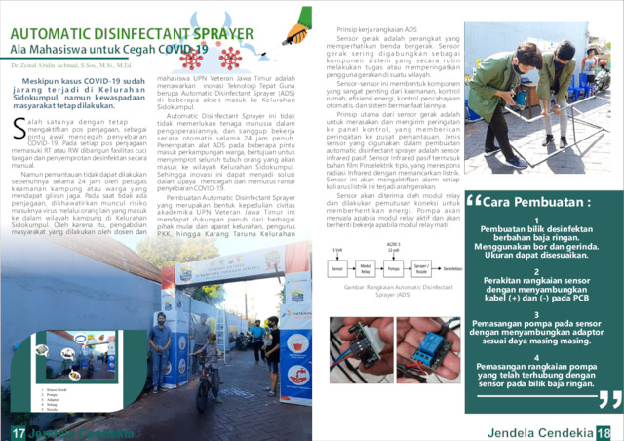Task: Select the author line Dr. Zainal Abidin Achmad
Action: tap(69, 60)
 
